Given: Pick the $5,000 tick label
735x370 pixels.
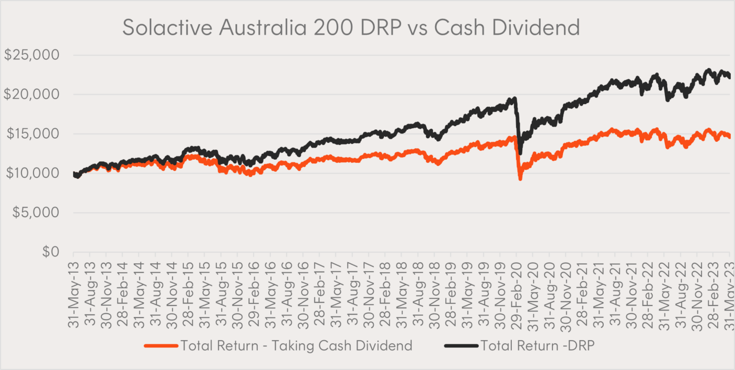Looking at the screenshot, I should click(37, 213).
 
